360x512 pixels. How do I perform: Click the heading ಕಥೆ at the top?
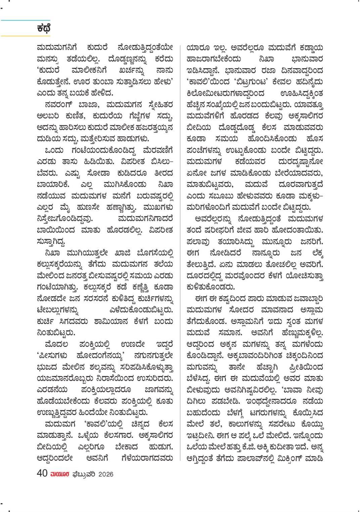pos(44,28)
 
